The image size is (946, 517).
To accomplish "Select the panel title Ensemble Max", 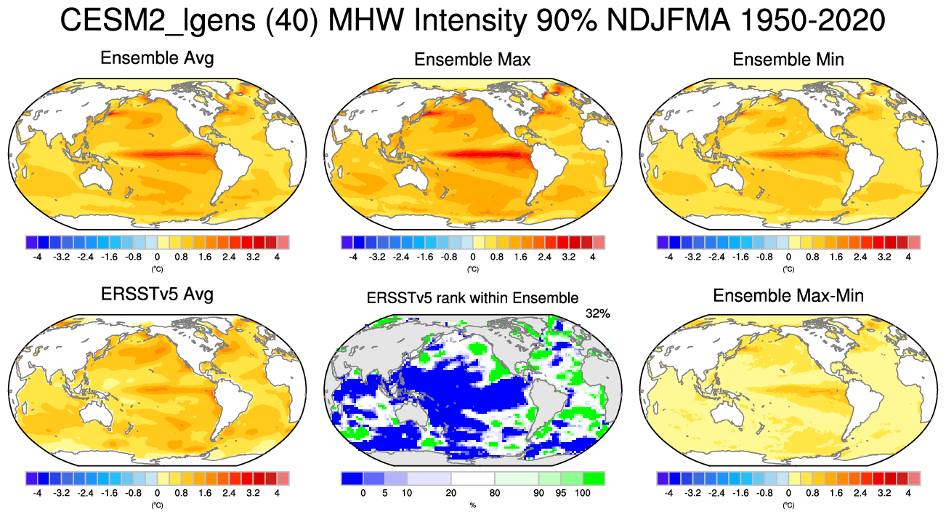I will click(472, 60).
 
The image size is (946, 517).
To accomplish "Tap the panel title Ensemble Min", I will click(788, 60).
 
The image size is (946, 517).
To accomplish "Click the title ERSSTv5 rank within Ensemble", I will click(472, 297).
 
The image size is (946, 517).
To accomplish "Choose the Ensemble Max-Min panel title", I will click(788, 296).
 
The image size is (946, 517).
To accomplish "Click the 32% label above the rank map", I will click(597, 313).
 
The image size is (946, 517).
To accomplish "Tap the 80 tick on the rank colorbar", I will click(494, 493).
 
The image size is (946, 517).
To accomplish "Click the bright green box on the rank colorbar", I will click(594, 478).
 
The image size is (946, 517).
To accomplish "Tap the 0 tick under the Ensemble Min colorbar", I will click(788, 257).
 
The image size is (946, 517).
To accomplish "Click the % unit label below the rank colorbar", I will click(472, 504).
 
